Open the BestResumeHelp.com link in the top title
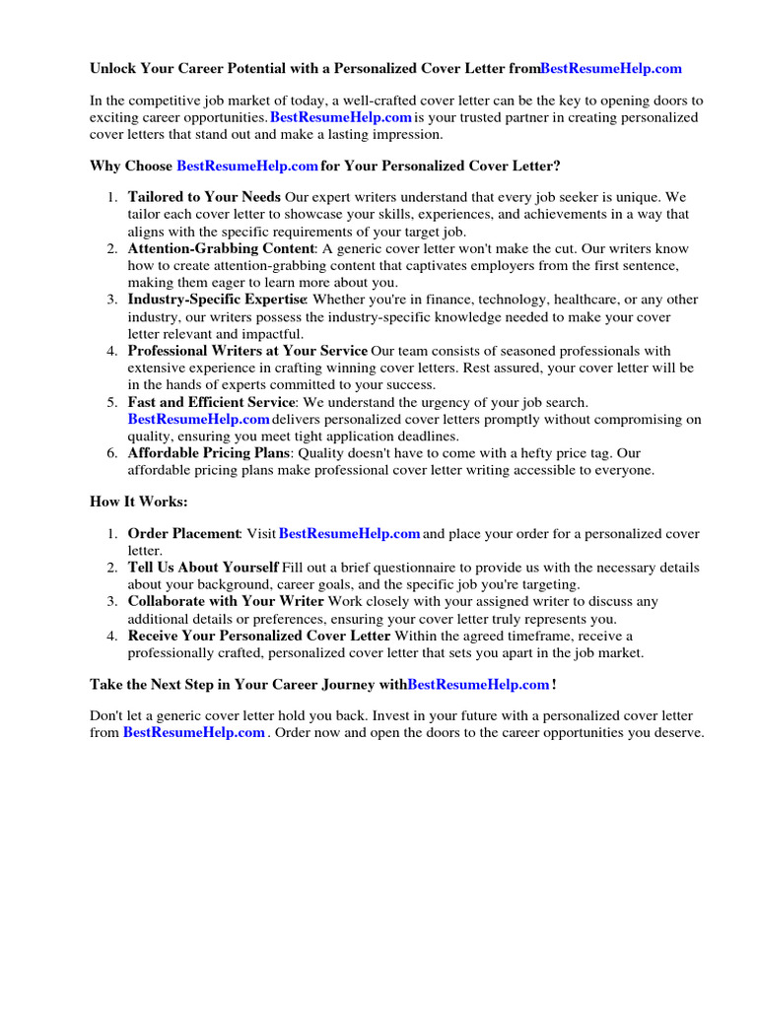(610, 69)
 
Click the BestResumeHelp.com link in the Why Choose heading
(247, 166)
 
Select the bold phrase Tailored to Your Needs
(204, 196)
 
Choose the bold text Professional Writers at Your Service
(247, 351)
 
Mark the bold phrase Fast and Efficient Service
(211, 402)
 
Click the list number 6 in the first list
(112, 453)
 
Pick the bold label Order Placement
(184, 534)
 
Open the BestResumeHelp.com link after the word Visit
(350, 534)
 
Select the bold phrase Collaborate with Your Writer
(226, 601)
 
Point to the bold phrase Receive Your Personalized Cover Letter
(259, 636)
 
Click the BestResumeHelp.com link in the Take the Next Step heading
(478, 684)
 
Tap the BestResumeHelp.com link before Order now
(193, 733)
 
